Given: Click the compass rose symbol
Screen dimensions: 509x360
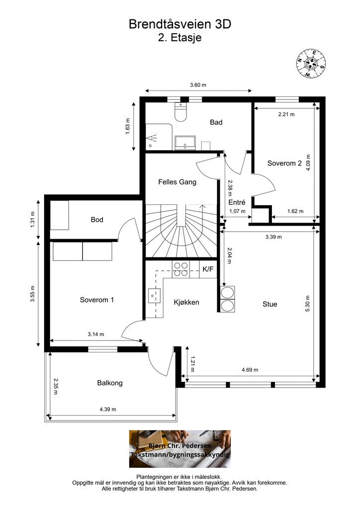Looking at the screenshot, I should [x=312, y=64].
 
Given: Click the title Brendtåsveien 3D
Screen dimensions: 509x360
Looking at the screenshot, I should [x=180, y=24].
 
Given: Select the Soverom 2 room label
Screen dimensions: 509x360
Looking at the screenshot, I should [x=284, y=163].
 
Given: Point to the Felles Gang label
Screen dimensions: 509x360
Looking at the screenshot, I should [x=177, y=182].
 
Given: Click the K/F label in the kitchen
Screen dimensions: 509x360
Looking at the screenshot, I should [x=208, y=269].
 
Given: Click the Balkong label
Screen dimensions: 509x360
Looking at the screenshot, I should [x=109, y=383].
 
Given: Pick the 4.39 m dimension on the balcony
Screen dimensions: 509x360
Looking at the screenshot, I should [x=107, y=410].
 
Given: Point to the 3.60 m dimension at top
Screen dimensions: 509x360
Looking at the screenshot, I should [x=198, y=85].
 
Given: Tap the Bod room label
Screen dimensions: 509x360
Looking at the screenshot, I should [x=97, y=219].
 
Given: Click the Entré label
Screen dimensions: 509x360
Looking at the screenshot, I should [x=237, y=202].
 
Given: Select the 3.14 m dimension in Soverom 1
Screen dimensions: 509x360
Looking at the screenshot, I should [x=96, y=334].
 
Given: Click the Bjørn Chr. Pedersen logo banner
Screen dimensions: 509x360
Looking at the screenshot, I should [x=180, y=449].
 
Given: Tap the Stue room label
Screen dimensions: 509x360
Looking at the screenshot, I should [x=270, y=304].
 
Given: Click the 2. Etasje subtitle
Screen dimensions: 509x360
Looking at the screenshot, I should [x=180, y=37].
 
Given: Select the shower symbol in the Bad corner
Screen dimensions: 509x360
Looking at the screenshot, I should [x=154, y=139].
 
